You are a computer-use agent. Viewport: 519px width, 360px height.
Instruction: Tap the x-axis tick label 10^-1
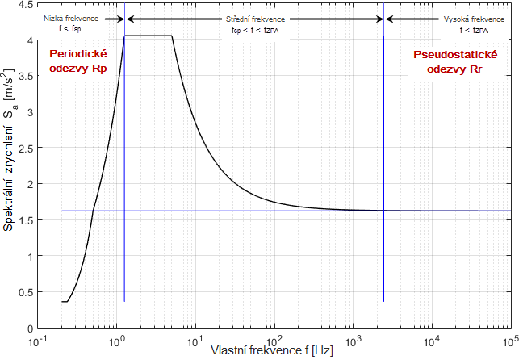click(38, 341)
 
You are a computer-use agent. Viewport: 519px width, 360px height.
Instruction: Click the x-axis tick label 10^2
click(274, 341)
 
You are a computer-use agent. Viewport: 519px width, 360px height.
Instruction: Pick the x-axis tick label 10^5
click(510, 341)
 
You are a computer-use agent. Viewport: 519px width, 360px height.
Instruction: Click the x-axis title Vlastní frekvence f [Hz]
click(272, 352)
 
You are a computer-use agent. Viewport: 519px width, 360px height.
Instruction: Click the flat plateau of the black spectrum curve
click(149, 36)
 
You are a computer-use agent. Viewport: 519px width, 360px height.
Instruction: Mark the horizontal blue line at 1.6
click(283, 211)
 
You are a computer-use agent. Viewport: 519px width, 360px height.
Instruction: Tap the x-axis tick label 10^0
click(116, 341)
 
